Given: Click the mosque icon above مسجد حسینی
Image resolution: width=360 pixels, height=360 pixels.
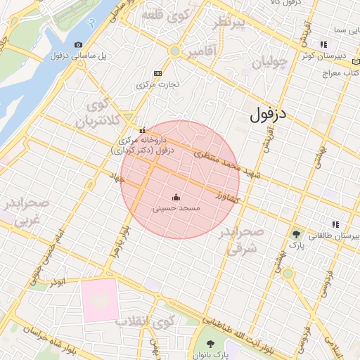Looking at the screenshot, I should [176, 199].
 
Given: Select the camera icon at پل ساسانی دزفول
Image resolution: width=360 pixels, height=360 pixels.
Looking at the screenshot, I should [78, 45].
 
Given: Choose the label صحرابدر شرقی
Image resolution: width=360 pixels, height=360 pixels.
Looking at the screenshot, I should [240, 240].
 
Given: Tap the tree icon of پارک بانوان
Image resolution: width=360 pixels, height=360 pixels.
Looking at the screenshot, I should [211, 343].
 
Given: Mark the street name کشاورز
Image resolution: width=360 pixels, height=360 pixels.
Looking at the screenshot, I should [228, 196].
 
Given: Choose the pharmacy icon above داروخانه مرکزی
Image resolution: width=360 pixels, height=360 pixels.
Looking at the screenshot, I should [143, 130].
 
